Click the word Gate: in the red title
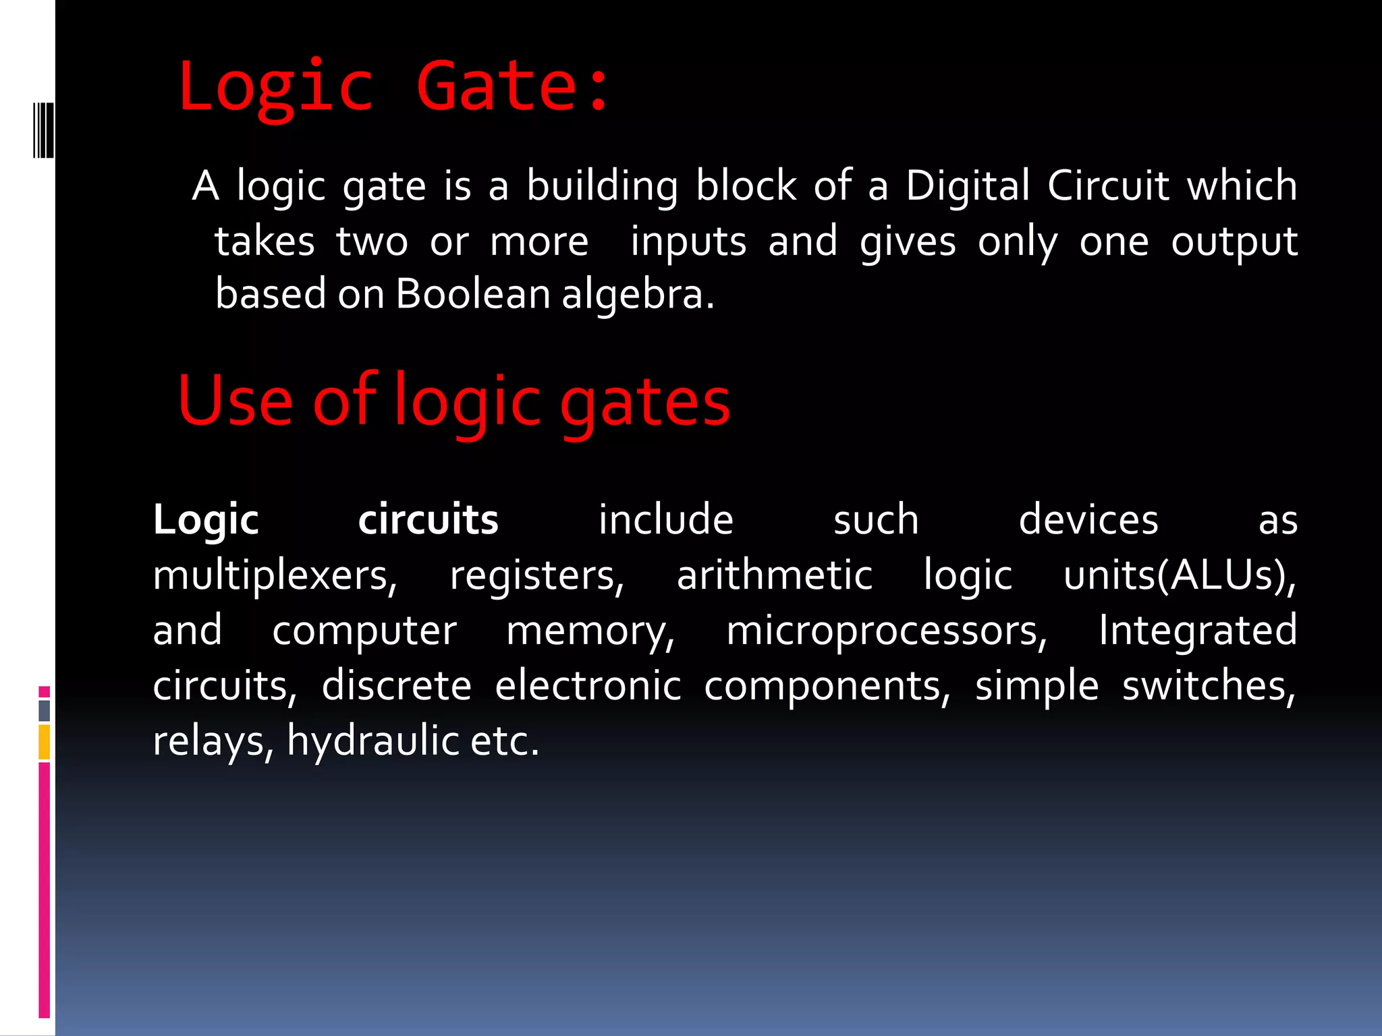tap(513, 86)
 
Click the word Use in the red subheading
tap(235, 402)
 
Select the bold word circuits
tap(428, 520)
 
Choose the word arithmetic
tap(775, 575)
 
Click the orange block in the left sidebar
tap(45, 742)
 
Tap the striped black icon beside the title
tap(43, 130)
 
